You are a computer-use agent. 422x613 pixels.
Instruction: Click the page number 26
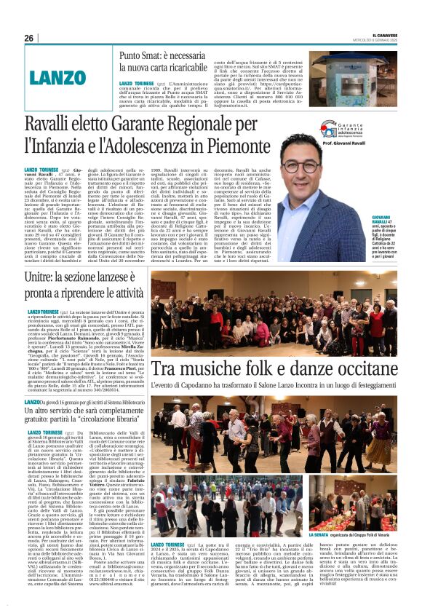click(29, 38)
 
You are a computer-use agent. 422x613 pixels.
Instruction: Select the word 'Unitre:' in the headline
click(65, 277)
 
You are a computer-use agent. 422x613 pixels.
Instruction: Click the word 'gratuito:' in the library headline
click(64, 420)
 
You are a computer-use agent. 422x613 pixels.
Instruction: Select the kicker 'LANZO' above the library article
click(54, 403)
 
